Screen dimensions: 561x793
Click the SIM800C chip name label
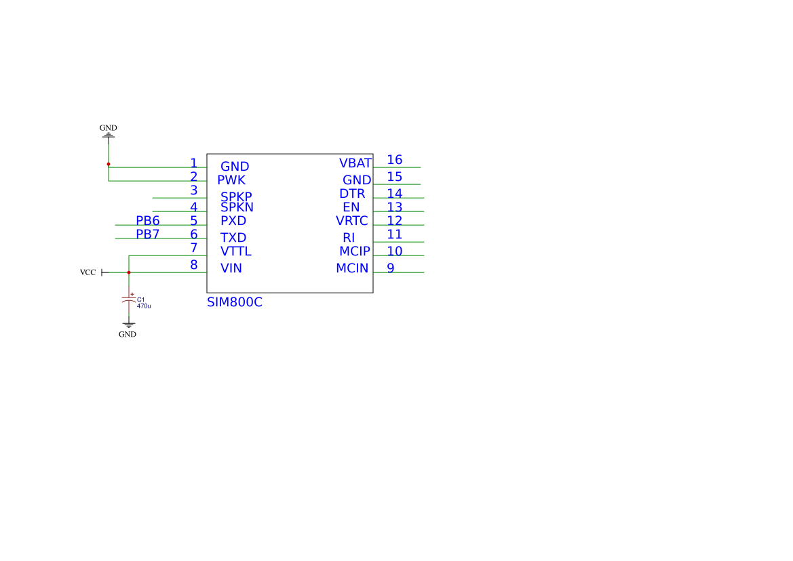click(x=234, y=303)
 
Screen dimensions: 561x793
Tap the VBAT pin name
click(x=355, y=163)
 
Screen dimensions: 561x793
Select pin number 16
click(x=394, y=160)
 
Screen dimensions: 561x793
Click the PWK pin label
click(x=231, y=180)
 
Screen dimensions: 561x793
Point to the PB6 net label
click(x=147, y=221)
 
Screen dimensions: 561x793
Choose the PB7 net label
click(x=147, y=234)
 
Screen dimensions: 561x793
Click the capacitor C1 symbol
click(x=128, y=299)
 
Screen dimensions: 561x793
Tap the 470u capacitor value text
click(x=144, y=306)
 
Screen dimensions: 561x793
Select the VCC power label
click(x=88, y=272)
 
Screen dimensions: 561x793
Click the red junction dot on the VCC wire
click(x=128, y=272)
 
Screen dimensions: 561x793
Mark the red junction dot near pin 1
click(x=108, y=164)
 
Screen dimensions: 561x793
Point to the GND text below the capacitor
click(x=128, y=334)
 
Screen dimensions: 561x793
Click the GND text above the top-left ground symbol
click(x=108, y=127)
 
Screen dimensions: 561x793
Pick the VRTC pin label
click(x=351, y=221)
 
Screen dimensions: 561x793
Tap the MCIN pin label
click(x=351, y=268)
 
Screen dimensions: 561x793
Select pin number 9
click(x=390, y=268)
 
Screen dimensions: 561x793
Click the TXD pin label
click(x=233, y=238)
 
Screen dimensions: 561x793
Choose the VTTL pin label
click(x=235, y=251)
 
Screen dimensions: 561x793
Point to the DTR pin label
click(x=351, y=194)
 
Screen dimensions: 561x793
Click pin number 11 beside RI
click(x=394, y=234)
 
